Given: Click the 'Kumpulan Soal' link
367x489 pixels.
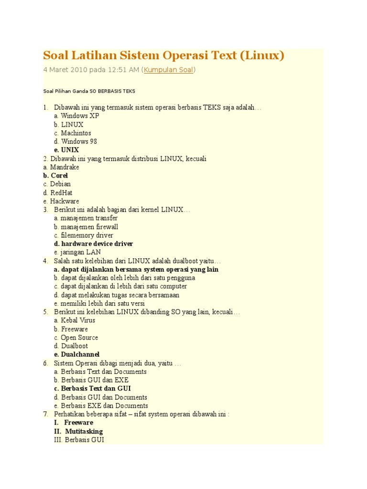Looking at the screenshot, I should (169, 70).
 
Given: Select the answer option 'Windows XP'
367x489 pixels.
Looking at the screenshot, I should (80, 116).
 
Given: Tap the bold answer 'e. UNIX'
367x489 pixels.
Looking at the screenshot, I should (66, 150).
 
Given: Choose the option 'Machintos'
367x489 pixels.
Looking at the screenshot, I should (76, 133).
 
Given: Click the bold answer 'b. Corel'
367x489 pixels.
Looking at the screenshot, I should (55, 176).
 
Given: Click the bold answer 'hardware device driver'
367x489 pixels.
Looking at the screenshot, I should (97, 244).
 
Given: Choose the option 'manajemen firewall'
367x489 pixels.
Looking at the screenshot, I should (89, 227).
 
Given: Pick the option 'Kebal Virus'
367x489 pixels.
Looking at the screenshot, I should (78, 320).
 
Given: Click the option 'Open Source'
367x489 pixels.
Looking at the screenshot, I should (79, 338).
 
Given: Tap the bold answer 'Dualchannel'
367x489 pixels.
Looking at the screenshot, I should (80, 354).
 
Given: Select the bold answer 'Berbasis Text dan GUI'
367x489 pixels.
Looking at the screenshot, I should (96, 389).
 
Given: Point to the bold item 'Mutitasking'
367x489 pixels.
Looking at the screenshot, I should (84, 431).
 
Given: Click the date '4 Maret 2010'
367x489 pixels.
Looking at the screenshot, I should (67, 70).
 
